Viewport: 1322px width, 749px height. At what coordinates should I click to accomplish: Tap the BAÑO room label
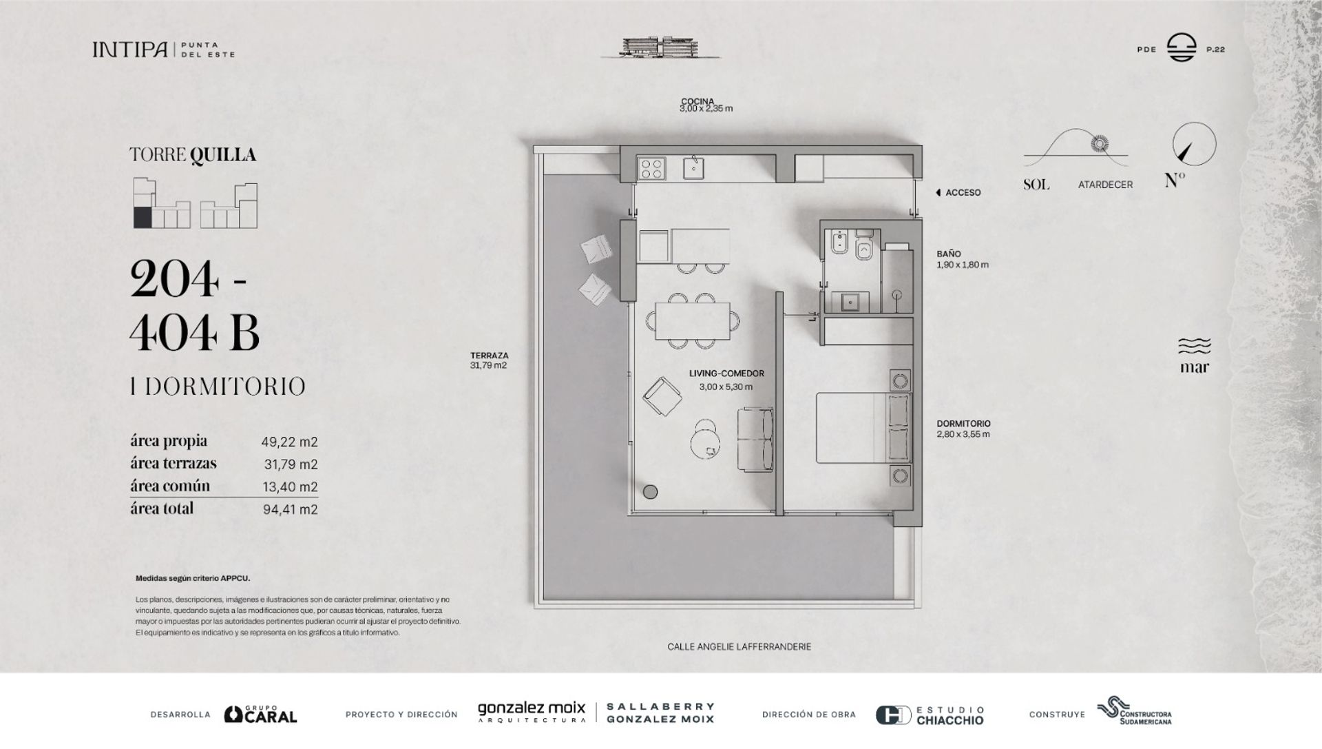click(x=948, y=254)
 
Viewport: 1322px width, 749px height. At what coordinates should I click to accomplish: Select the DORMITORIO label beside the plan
click(x=963, y=424)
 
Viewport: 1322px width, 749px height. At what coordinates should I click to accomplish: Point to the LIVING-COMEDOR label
click(x=726, y=373)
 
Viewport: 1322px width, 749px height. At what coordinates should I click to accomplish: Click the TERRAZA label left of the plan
click(x=489, y=356)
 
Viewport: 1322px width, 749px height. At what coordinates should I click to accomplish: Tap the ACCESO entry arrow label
click(x=958, y=193)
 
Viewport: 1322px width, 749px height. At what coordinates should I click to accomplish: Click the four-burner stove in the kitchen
click(x=652, y=168)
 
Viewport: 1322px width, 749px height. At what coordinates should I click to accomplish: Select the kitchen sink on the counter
click(x=693, y=168)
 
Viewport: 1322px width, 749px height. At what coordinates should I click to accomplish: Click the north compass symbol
click(x=1194, y=144)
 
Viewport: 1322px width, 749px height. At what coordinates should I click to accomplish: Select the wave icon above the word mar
click(x=1194, y=346)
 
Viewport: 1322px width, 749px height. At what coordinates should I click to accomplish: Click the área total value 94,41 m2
click(x=290, y=510)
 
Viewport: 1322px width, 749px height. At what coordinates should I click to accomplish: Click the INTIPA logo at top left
click(x=129, y=50)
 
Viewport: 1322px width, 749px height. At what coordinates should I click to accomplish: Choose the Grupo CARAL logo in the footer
click(x=261, y=714)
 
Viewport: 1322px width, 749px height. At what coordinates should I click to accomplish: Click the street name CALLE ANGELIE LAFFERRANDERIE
click(x=739, y=647)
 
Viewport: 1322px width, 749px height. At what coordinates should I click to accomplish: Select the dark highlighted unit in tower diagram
click(x=142, y=218)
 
